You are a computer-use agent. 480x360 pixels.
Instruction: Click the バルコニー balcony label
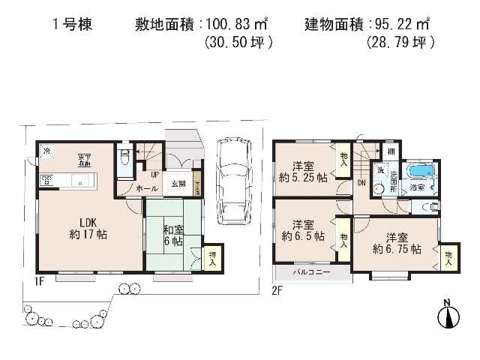311,272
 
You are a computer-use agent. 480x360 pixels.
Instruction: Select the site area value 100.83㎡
238,22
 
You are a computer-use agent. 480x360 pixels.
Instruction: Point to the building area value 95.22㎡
402,22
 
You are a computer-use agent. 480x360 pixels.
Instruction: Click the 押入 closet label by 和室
213,257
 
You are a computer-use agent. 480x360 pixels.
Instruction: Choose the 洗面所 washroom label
394,180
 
